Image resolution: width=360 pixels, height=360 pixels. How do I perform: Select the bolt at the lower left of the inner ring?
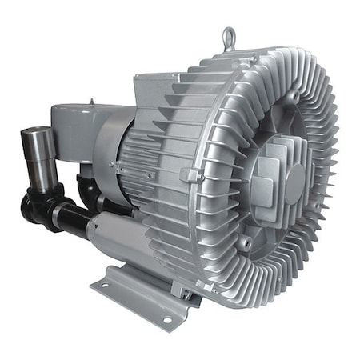point(246,238)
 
